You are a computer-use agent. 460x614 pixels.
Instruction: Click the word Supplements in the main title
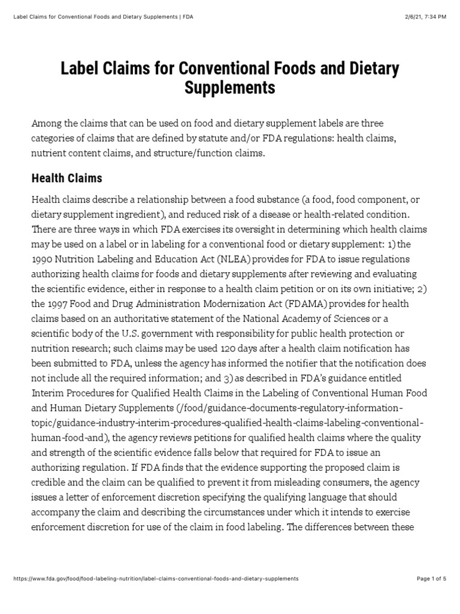click(229, 88)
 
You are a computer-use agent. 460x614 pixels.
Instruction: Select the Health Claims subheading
click(66, 178)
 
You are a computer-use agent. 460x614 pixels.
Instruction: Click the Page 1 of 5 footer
click(431, 579)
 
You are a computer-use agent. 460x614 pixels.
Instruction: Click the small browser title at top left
click(102, 16)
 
